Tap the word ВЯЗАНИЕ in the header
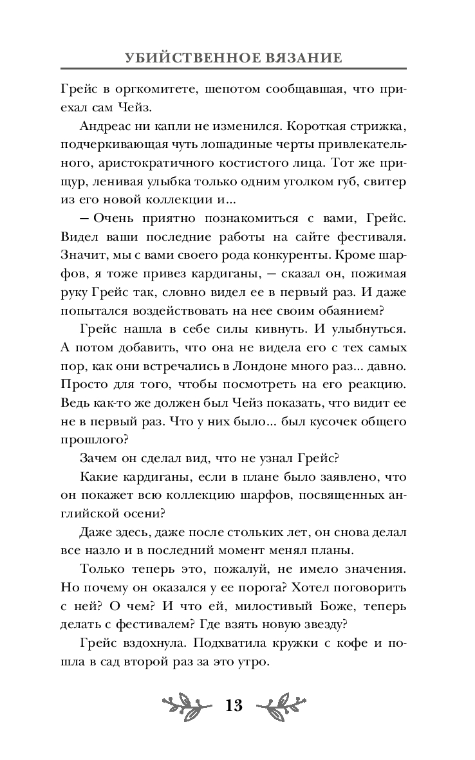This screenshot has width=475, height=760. click(x=301, y=57)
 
